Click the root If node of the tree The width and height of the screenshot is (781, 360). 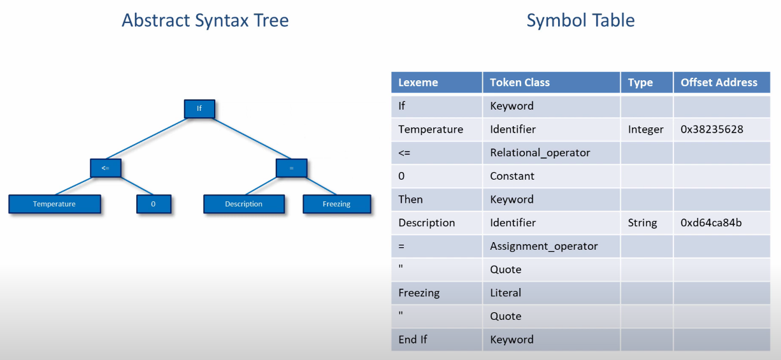tap(199, 109)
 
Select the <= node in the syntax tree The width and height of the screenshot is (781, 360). tap(106, 168)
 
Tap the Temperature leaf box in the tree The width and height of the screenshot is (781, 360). tap(55, 204)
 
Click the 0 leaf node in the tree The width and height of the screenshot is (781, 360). tap(154, 204)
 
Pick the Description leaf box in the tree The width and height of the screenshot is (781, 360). tap(244, 204)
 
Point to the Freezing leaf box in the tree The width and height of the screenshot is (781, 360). tap(337, 204)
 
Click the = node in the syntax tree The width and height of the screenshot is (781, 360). tap(292, 168)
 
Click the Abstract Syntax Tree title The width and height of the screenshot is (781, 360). tap(205, 20)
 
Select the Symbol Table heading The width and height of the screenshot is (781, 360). tap(580, 20)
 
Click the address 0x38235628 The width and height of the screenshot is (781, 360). tap(712, 129)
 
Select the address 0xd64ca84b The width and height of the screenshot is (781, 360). tap(712, 222)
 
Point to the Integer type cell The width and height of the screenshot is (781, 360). tap(646, 130)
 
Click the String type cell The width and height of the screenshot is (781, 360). tap(643, 223)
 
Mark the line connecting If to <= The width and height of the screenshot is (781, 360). tap(147, 139)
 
